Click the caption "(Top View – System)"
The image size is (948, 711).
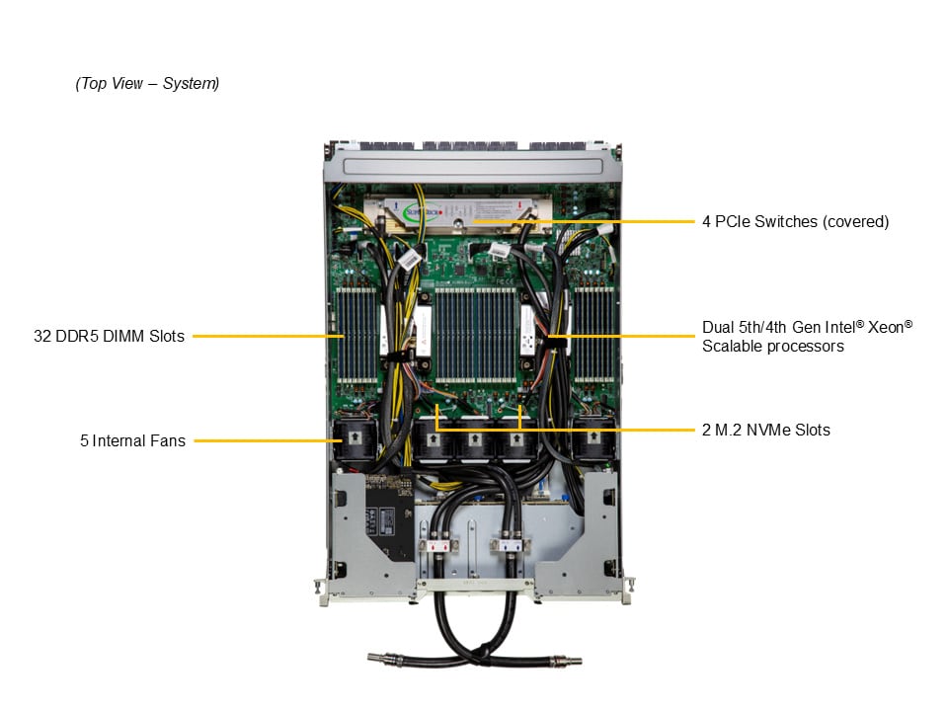[x=147, y=83]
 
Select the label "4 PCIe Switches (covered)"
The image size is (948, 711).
[x=795, y=222]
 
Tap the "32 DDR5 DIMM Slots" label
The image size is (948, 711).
[x=109, y=336]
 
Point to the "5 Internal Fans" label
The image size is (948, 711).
[x=132, y=440]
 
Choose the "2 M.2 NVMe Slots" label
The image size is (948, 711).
[x=766, y=430]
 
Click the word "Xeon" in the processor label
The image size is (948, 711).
[x=886, y=327]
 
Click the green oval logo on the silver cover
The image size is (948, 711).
[x=422, y=212]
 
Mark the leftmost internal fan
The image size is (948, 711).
[x=355, y=438]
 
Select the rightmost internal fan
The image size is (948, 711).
[x=593, y=438]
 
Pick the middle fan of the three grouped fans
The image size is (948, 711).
[x=475, y=440]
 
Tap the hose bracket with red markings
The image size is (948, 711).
[x=438, y=545]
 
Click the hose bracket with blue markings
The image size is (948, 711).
[x=511, y=545]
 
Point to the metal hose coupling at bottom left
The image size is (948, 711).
[x=386, y=658]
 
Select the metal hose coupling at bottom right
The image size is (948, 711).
[x=564, y=661]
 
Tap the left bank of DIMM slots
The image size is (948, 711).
[x=356, y=335]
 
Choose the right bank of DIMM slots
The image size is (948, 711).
[x=593, y=335]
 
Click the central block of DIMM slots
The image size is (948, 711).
[x=476, y=335]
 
